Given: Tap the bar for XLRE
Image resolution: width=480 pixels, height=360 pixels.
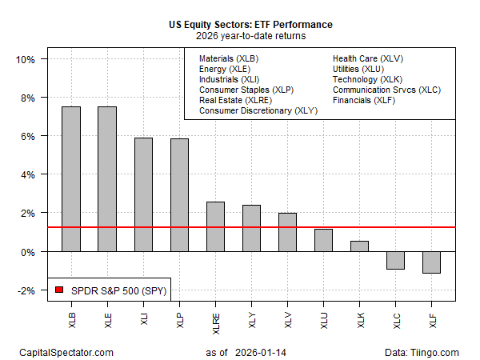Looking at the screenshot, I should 216,226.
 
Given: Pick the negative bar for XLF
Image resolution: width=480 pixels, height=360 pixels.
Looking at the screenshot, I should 432,262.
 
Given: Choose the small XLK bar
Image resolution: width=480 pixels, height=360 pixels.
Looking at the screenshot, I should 359,246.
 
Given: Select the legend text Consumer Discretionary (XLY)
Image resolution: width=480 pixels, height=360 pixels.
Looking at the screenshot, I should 258,110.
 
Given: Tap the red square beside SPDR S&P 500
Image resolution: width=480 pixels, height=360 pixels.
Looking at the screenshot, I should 59,289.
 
